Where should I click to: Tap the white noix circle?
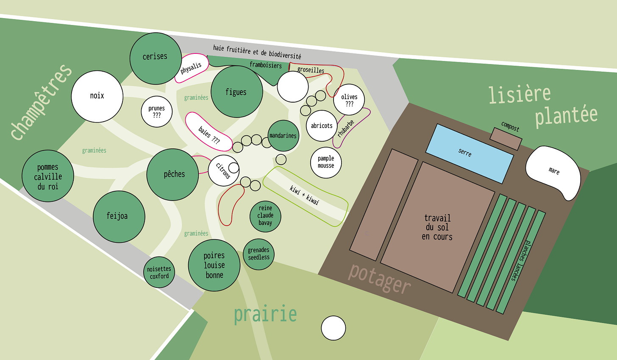click(x=97, y=96)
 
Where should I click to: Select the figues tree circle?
click(x=236, y=92)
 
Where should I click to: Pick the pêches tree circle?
click(x=172, y=174)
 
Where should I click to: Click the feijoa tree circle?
click(x=119, y=217)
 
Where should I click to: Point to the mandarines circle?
click(x=283, y=136)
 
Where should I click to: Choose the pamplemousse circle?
click(x=326, y=162)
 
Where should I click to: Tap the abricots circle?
click(x=322, y=126)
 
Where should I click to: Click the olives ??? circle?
click(x=349, y=100)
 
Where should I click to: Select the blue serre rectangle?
click(x=469, y=153)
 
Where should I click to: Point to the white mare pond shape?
click(x=553, y=171)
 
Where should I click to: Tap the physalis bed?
click(x=192, y=68)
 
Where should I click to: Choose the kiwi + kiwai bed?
click(x=305, y=196)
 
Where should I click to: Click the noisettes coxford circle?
click(x=159, y=272)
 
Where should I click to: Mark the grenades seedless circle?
click(x=258, y=254)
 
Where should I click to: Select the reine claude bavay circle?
click(x=265, y=216)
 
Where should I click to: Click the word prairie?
click(x=265, y=315)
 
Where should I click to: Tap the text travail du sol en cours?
click(x=437, y=227)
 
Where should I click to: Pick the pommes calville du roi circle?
click(x=47, y=176)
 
